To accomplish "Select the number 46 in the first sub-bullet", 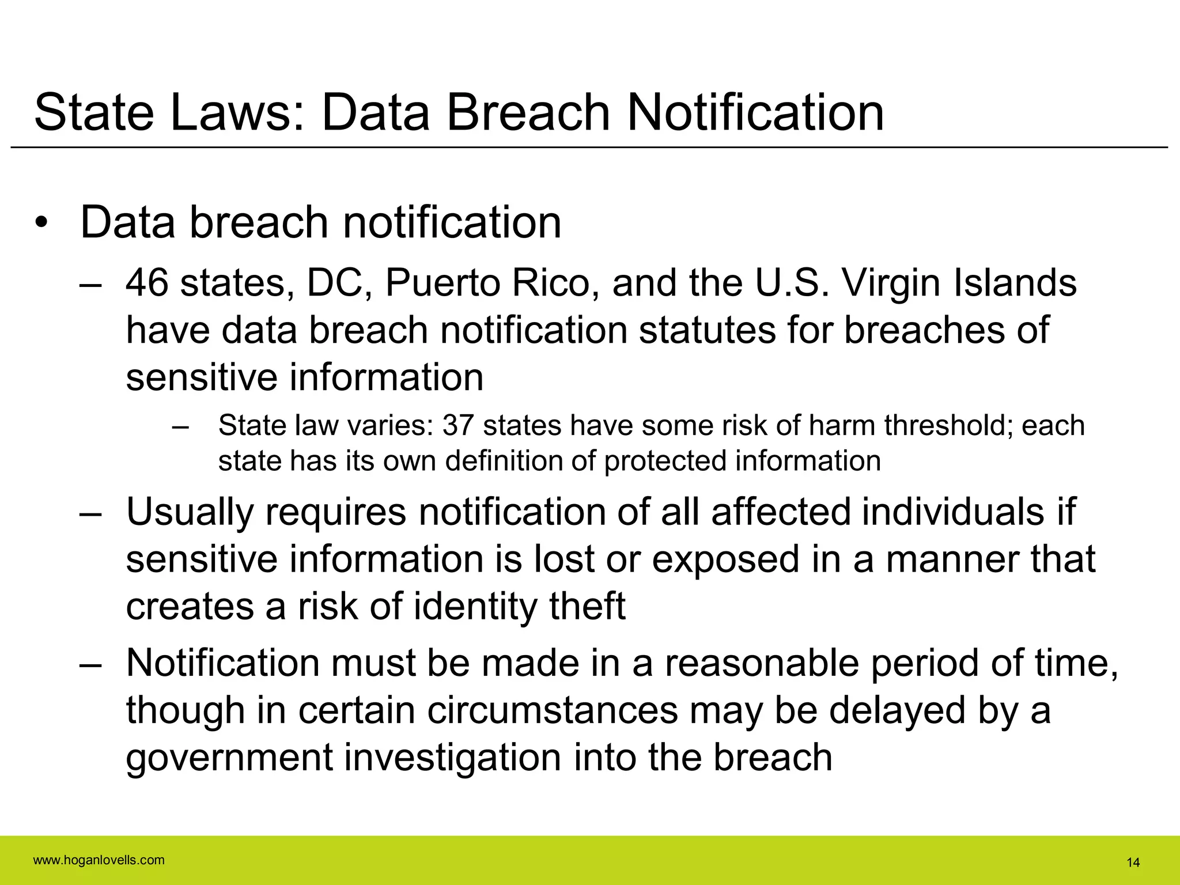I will [x=147, y=283].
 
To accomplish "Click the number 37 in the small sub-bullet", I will [x=458, y=425].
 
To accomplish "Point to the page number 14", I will [x=1133, y=863].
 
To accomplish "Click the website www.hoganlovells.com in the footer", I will [x=99, y=860].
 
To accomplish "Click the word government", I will [x=229, y=757].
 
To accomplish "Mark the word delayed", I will [x=897, y=710].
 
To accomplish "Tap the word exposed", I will [x=725, y=559].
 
